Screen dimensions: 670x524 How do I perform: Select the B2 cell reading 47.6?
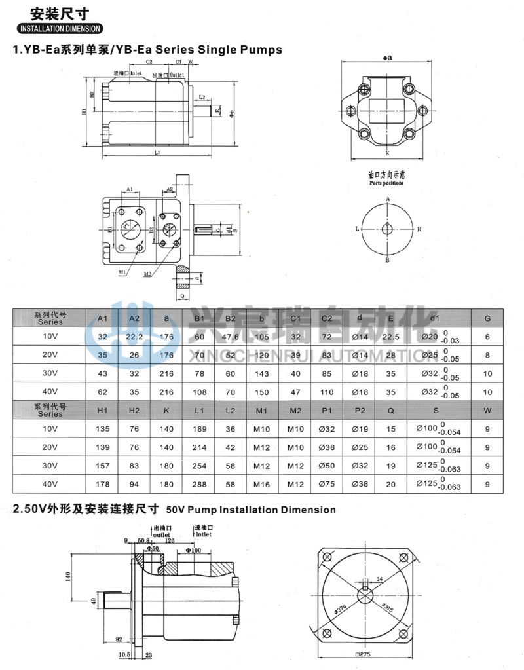231,337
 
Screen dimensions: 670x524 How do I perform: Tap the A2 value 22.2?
135,337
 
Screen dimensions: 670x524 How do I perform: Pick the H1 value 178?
102,485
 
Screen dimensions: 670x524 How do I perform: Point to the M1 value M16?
262,485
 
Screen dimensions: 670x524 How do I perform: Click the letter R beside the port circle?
419,229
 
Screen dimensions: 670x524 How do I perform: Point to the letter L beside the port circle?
358,229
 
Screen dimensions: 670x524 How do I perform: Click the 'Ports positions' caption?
387,183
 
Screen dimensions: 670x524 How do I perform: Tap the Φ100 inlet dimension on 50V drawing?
193,550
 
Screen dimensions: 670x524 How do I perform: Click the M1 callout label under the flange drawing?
122,272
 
